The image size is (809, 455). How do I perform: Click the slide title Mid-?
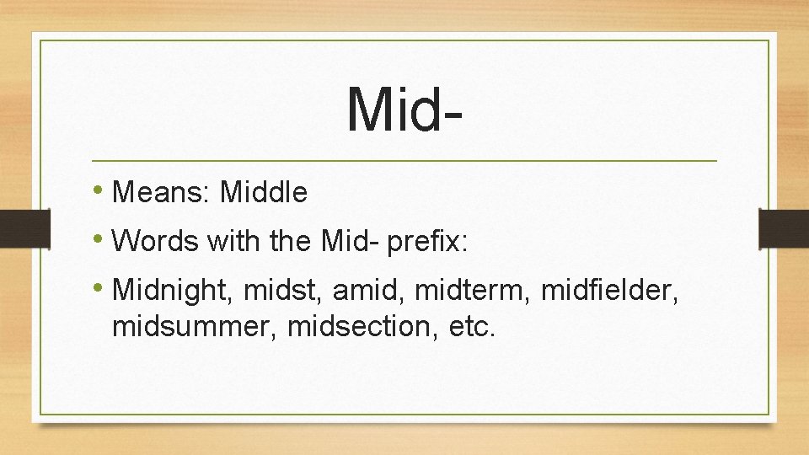[404, 109]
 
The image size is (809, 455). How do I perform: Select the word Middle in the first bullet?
[263, 193]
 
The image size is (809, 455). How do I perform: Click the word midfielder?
[609, 292]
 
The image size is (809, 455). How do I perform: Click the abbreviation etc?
[474, 325]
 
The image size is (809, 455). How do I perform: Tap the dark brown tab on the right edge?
[783, 228]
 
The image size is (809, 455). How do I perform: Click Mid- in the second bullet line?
[350, 243]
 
